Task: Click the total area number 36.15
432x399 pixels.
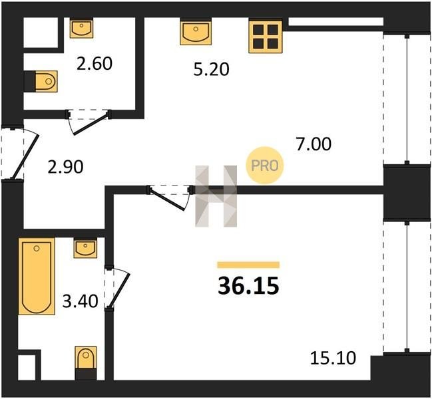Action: (248, 286)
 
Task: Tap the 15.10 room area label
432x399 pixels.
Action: (333, 358)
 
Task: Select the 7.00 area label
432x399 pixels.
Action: (314, 144)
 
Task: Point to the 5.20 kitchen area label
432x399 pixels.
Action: (211, 69)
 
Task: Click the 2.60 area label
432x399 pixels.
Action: (95, 64)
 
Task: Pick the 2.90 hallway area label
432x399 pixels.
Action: (65, 167)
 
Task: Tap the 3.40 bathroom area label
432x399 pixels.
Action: (80, 301)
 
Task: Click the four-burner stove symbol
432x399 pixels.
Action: (266, 36)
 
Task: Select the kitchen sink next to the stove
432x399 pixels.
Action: (196, 32)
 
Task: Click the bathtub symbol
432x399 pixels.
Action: (37, 277)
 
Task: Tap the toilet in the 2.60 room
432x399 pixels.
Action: (43, 81)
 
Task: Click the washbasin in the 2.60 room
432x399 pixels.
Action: (81, 28)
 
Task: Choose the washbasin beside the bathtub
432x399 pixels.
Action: (85, 249)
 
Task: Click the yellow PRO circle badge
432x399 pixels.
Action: (264, 166)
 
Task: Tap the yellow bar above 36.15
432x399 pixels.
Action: (248, 265)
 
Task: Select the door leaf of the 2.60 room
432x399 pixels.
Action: (91, 124)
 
